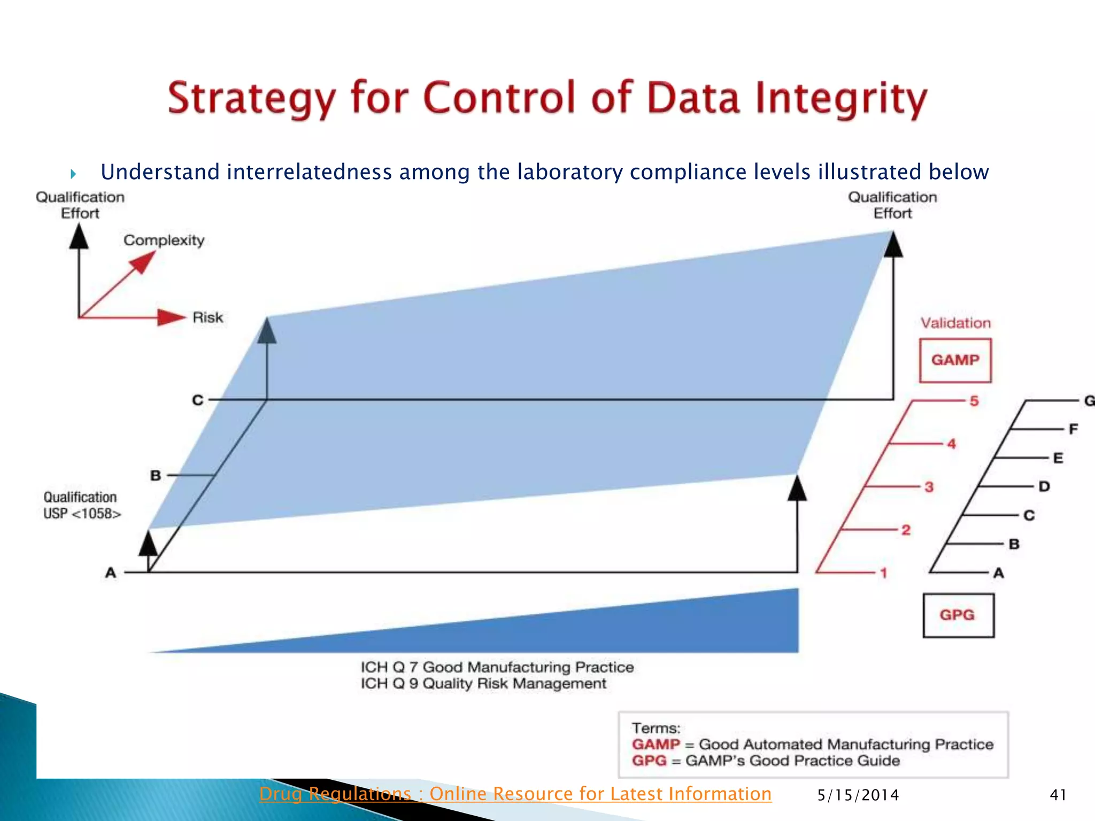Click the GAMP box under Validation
(955, 360)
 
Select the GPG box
(958, 615)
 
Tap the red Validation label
(955, 323)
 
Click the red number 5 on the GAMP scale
(974, 401)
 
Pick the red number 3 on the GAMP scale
(929, 487)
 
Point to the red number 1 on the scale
(884, 573)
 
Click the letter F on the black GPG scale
(1073, 429)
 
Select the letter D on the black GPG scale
(1044, 486)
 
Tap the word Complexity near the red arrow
(164, 241)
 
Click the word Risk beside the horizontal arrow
(207, 317)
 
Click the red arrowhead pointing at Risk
(171, 317)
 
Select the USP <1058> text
(82, 514)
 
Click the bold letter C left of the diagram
(198, 400)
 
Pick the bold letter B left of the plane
(156, 475)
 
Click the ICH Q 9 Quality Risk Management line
(483, 684)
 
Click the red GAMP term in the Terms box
(656, 744)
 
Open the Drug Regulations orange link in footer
(515, 794)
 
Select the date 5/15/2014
(858, 795)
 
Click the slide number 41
(1058, 795)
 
